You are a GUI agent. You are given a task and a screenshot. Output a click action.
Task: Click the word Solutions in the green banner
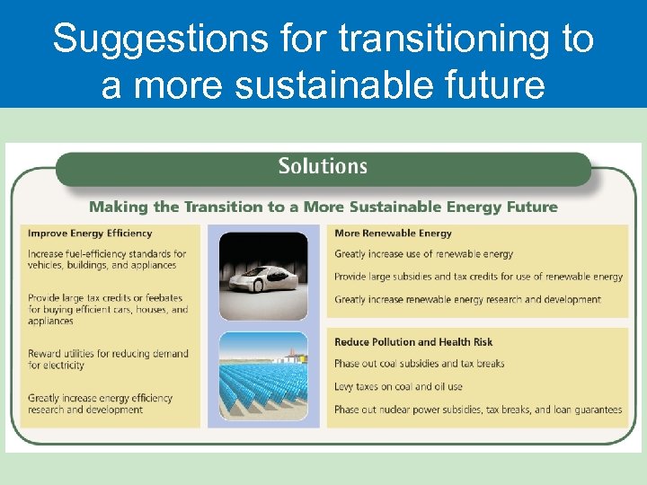tap(323, 166)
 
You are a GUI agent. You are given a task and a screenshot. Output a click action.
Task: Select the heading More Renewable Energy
tap(393, 234)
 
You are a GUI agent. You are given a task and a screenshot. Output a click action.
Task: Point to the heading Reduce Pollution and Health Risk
tap(413, 342)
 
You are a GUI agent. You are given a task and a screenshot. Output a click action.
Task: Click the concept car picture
tap(263, 270)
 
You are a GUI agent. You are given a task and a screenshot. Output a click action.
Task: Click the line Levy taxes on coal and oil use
tap(398, 387)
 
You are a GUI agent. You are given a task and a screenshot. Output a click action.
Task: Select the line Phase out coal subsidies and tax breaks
tap(419, 365)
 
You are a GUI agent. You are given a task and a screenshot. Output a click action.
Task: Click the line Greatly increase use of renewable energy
tap(424, 254)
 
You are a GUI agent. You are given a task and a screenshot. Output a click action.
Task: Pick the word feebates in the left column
tap(163, 298)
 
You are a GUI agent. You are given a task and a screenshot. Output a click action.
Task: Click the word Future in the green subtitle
tap(532, 207)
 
